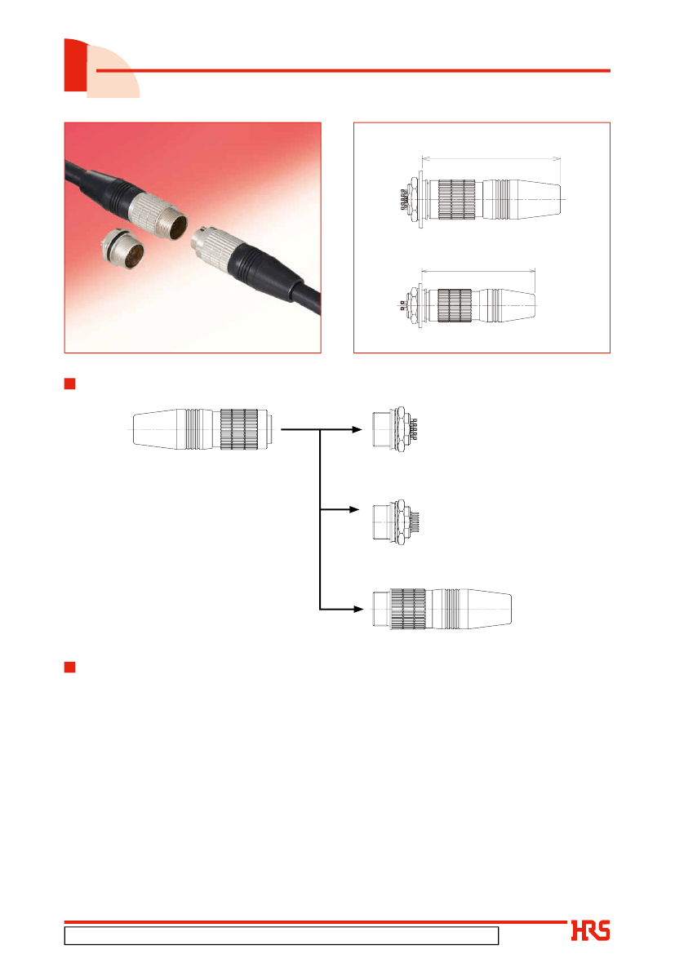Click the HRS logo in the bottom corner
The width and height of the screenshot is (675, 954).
[590, 930]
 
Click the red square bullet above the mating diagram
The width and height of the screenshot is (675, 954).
[69, 384]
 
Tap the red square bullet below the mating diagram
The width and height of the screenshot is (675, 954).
[69, 667]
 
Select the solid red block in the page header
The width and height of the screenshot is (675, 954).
[75, 65]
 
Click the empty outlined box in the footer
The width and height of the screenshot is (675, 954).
[282, 935]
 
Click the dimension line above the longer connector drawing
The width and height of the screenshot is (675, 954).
[491, 159]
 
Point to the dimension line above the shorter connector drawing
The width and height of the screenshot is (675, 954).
[477, 271]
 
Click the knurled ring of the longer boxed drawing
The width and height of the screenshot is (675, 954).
[456, 200]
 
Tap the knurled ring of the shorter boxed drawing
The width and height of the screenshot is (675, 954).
[455, 305]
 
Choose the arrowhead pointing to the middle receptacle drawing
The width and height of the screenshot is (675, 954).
[355, 509]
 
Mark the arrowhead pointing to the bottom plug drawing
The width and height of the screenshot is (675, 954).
[358, 609]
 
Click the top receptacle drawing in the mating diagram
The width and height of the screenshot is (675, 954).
[394, 429]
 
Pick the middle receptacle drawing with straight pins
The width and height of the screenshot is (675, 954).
[396, 522]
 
